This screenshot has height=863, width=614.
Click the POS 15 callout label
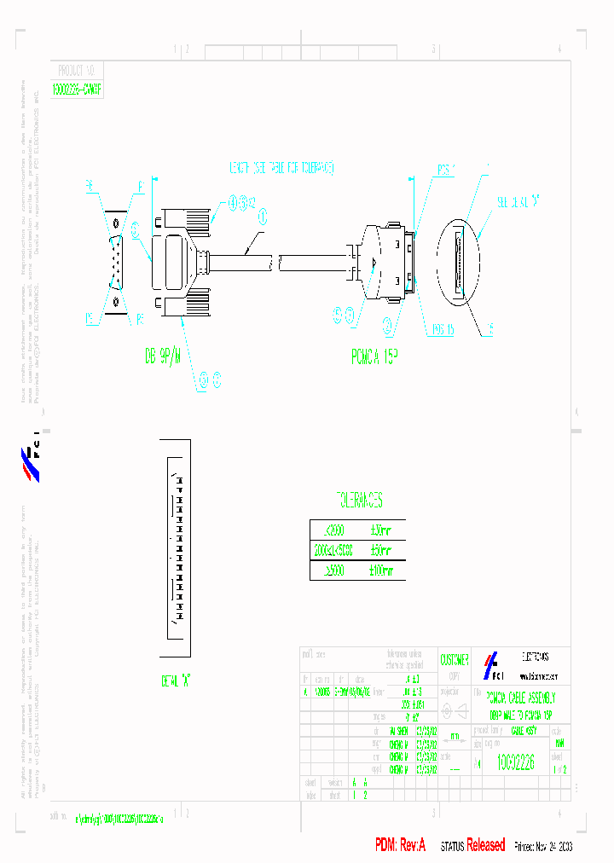[441, 328]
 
